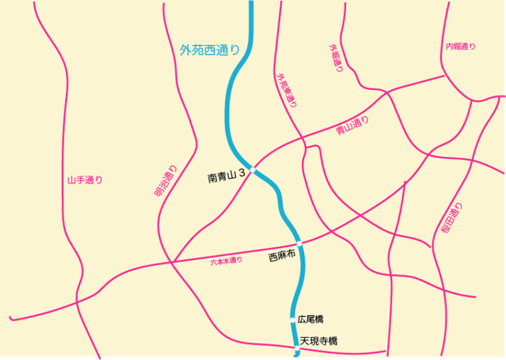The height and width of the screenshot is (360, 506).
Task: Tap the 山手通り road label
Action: pyautogui.click(x=85, y=180)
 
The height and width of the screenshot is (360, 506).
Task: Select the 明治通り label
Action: pyautogui.click(x=166, y=182)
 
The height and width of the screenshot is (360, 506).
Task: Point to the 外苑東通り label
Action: pyautogui.click(x=287, y=90)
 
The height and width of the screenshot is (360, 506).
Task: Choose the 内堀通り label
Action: pyautogui.click(x=460, y=47)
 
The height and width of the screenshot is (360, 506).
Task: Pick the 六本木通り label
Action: pyautogui.click(x=226, y=261)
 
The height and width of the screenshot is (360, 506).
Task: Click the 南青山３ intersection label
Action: pyautogui.click(x=226, y=178)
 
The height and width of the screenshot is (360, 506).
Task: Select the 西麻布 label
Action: pyautogui.click(x=282, y=257)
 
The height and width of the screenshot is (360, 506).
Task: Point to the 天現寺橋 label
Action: pyautogui.click(x=319, y=342)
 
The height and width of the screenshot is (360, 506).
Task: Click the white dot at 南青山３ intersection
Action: pyautogui.click(x=252, y=170)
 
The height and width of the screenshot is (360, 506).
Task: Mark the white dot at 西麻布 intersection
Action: pyautogui.click(x=299, y=244)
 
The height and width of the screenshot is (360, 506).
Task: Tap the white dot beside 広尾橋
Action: pyautogui.click(x=293, y=320)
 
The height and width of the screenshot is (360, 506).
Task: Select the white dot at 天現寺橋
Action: pyautogui.click(x=297, y=347)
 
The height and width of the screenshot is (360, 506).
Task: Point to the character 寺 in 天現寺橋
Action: pyautogui.click(x=323, y=342)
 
